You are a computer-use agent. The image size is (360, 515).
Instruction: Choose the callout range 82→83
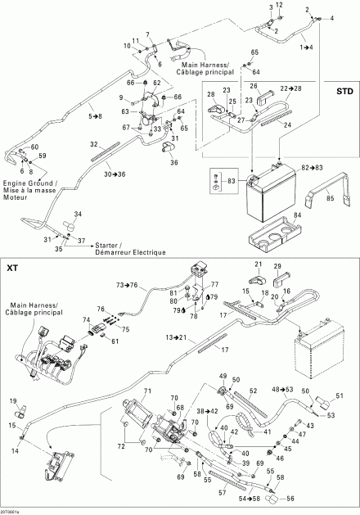point(322,167)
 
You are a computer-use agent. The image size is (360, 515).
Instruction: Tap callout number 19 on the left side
point(14,400)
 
